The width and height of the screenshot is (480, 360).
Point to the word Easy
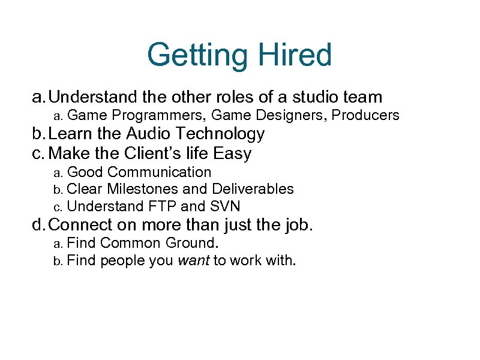[x=232, y=154]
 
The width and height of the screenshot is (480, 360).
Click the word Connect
[x=81, y=226]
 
